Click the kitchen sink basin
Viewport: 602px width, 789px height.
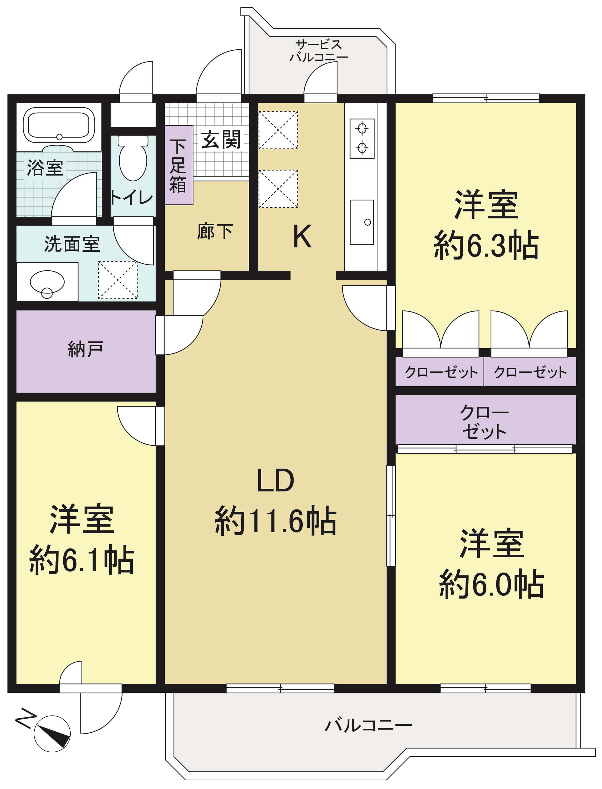coord(362,222)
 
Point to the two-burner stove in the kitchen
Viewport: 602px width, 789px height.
coord(362,138)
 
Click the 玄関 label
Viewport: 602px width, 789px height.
coord(220,140)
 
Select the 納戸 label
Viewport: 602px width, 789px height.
coord(86,349)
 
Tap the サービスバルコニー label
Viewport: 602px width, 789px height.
coord(319,51)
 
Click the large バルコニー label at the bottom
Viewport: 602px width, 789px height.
coord(368,725)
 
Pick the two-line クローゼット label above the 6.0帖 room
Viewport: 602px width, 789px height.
coord(484,422)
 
